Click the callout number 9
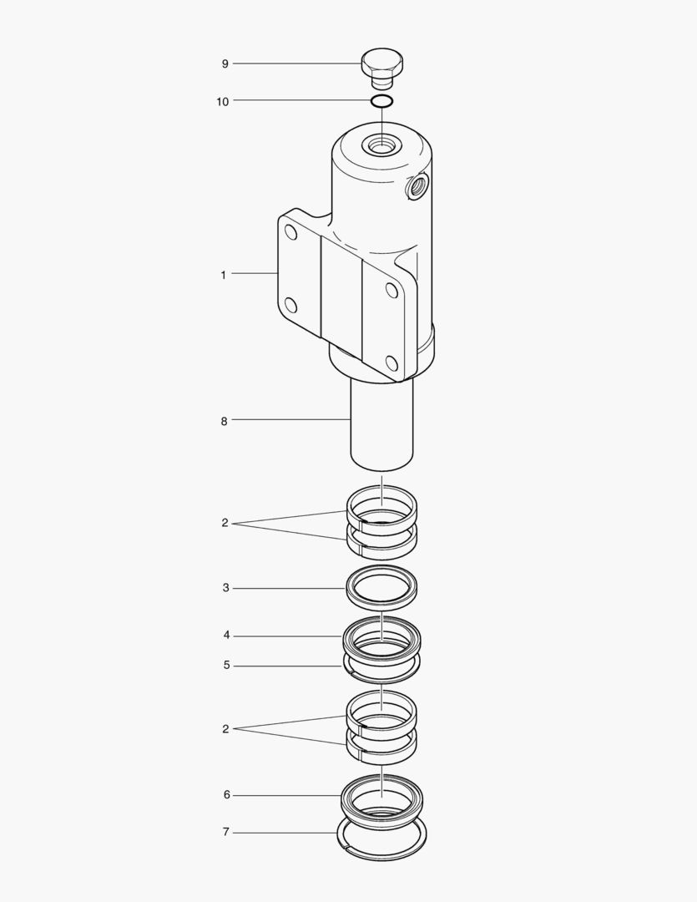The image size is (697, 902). coord(225,63)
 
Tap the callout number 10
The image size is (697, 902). coord(223,102)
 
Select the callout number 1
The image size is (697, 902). coord(224,275)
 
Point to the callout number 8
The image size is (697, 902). coord(225,421)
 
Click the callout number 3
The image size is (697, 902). coord(226,588)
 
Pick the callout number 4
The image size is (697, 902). coord(226,635)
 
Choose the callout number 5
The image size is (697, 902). coord(226,665)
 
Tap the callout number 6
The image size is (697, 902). coord(226,794)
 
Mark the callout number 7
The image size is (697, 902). coord(226,832)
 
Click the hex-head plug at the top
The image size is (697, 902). coord(381,68)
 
